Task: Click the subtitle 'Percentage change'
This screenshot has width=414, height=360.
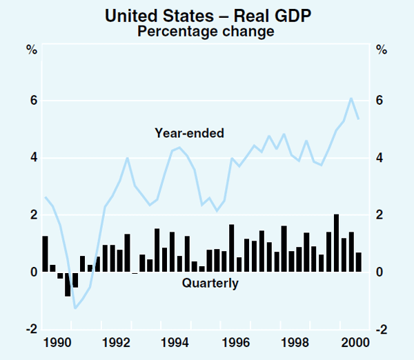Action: (x=206, y=31)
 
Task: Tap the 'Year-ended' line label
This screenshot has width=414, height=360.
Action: (x=189, y=133)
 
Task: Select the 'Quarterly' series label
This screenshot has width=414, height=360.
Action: (x=210, y=283)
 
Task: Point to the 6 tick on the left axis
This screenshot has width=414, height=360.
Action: (x=32, y=101)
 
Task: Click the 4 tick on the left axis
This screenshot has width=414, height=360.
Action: (x=32, y=158)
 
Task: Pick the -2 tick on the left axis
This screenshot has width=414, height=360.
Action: (x=30, y=330)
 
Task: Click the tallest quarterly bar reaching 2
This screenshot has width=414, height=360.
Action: (x=336, y=243)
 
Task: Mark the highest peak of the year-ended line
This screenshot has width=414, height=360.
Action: (x=351, y=98)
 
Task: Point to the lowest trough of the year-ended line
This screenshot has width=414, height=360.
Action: (x=75, y=308)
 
